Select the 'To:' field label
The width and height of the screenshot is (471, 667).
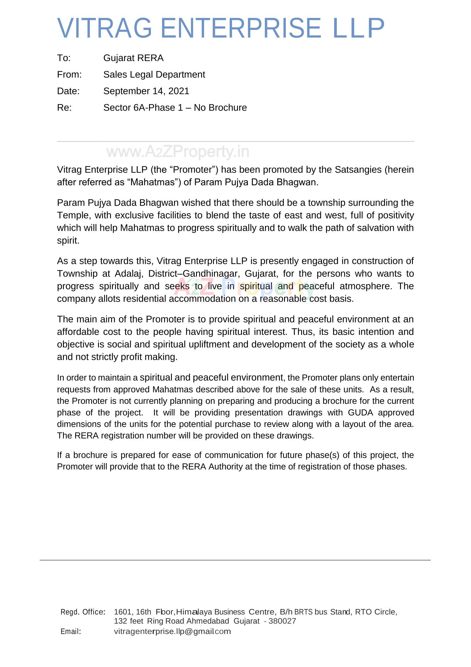[64, 58]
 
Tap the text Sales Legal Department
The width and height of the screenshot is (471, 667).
[154, 75]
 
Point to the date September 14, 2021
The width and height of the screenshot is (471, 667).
[146, 91]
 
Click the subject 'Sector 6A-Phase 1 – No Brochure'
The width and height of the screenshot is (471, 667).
[175, 108]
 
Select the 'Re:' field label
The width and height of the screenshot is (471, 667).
[64, 108]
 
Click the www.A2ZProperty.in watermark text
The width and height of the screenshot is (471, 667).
[178, 152]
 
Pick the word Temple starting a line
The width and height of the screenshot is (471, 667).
[74, 215]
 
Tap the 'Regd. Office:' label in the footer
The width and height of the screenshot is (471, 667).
[83, 612]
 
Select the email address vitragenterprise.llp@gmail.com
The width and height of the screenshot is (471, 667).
[172, 631]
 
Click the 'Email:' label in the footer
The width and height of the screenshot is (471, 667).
[70, 631]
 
